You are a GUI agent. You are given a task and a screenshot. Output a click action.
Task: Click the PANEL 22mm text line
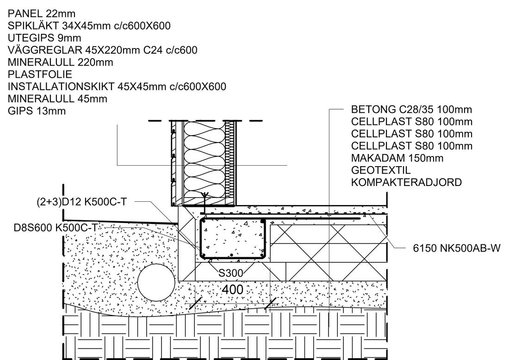42,14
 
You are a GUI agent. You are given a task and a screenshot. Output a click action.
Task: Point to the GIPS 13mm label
37,111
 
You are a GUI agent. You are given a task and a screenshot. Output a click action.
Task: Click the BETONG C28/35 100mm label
412,110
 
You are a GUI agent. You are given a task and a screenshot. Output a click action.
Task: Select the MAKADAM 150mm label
397,158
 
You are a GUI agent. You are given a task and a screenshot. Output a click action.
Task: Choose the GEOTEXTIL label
381,170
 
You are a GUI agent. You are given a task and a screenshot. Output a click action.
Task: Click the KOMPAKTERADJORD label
406,182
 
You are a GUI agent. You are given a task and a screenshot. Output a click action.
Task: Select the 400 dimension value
232,290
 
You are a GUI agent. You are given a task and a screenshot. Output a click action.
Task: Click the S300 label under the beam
230,273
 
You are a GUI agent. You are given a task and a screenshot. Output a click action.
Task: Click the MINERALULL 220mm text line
61,62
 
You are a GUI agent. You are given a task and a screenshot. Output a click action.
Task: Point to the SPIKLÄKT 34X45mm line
89,26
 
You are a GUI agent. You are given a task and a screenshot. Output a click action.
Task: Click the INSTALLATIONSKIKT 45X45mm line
117,87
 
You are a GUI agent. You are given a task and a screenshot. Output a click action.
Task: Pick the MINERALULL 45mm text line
57,99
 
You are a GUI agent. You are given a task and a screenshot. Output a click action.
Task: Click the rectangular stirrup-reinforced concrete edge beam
232,239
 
